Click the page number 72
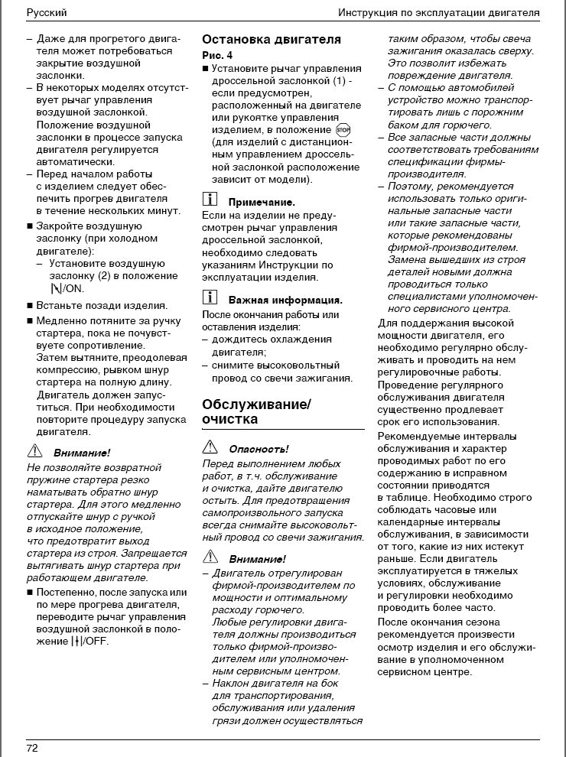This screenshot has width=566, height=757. click(32, 747)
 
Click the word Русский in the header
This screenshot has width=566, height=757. click(46, 13)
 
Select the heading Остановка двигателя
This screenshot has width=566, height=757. click(272, 39)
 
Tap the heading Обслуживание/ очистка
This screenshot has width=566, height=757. click(256, 411)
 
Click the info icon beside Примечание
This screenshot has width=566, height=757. click(210, 200)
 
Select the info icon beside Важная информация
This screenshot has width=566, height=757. click(210, 299)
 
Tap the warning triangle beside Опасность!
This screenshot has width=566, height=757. click(210, 447)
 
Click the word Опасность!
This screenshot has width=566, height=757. click(259, 449)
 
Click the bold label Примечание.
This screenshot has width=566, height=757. click(262, 202)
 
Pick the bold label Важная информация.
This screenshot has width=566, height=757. click(285, 301)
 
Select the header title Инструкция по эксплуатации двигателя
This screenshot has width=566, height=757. click(438, 13)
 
